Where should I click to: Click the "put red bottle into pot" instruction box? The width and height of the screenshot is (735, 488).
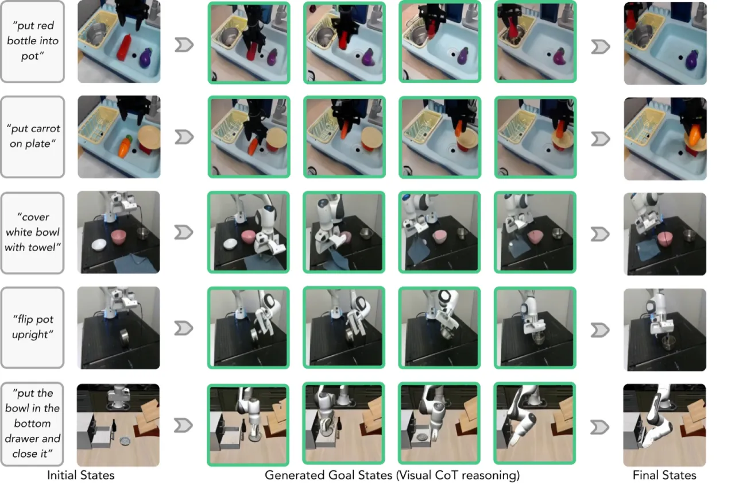[33, 41]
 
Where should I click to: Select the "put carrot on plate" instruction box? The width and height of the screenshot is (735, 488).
[33, 137]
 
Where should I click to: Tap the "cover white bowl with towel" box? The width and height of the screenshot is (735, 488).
[33, 233]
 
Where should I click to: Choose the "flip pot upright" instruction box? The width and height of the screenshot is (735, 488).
[33, 328]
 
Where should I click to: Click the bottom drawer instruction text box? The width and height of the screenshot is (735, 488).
[33, 424]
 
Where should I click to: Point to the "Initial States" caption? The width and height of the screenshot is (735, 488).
[81, 475]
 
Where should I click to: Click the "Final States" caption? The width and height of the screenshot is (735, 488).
[664, 475]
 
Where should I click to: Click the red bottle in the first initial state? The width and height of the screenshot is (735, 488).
[124, 47]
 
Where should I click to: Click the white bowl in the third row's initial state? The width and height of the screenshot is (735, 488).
[99, 245]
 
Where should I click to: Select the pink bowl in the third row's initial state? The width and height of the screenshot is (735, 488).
[118, 237]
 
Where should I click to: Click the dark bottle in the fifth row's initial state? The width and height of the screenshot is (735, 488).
[114, 425]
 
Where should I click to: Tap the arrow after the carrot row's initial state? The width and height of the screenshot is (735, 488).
[184, 137]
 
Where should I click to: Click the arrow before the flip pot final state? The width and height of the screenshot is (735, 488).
[600, 330]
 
